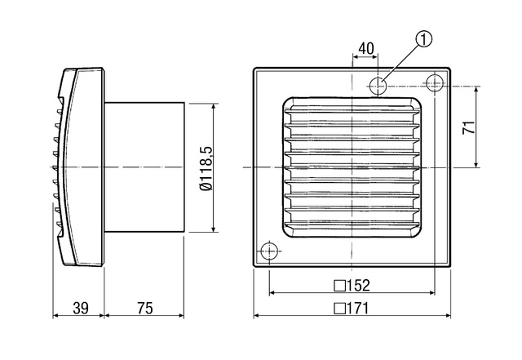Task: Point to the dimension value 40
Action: pyautogui.click(x=366, y=48)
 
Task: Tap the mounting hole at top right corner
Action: pyautogui.click(x=434, y=82)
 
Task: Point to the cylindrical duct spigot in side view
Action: pyautogui.click(x=144, y=167)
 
